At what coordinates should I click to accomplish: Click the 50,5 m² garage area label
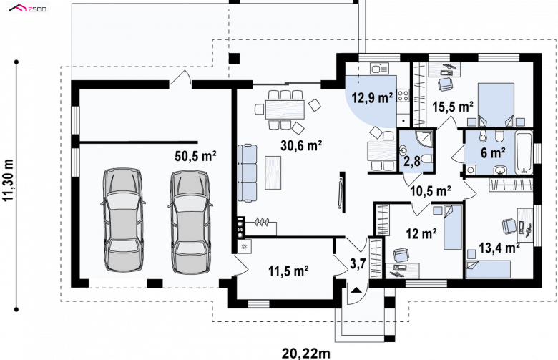pyautogui.click(x=196, y=156)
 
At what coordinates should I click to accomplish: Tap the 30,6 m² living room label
pyautogui.click(x=301, y=145)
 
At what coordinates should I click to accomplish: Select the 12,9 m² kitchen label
pyautogui.click(x=372, y=97)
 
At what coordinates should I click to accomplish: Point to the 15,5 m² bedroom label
pyautogui.click(x=453, y=107)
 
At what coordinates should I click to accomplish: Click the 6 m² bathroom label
pyautogui.click(x=493, y=152)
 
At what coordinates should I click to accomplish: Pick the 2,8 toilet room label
pyautogui.click(x=412, y=161)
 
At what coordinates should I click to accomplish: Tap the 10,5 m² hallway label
pyautogui.click(x=431, y=191)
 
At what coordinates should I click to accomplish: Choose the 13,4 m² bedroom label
pyautogui.click(x=499, y=247)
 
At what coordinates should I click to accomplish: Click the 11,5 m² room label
pyautogui.click(x=288, y=271)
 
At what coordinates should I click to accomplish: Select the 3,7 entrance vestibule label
pyautogui.click(x=358, y=264)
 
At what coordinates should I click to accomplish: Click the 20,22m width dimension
pyautogui.click(x=306, y=354)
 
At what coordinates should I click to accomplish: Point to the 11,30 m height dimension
pyautogui.click(x=8, y=180)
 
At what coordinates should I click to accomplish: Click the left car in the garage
pyautogui.click(x=123, y=220)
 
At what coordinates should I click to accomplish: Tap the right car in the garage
pyautogui.click(x=190, y=222)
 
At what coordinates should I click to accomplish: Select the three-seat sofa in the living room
pyautogui.click(x=247, y=173)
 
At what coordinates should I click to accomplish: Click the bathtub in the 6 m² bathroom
pyautogui.click(x=524, y=152)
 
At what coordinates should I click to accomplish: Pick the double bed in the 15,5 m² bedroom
pyautogui.click(x=496, y=104)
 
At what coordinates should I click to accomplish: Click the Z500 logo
pyautogui.click(x=28, y=8)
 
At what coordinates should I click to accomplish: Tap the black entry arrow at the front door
pyautogui.click(x=355, y=290)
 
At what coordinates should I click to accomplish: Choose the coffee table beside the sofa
pyautogui.click(x=273, y=172)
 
